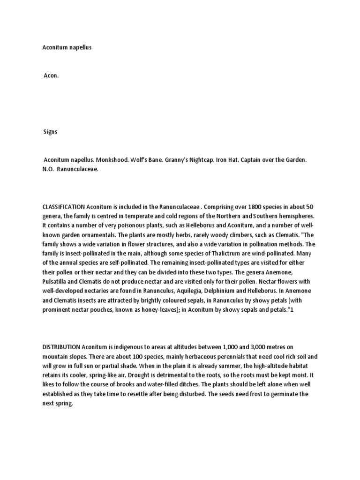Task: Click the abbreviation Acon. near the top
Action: [51, 75]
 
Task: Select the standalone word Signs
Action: [50, 132]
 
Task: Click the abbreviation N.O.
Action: [48, 169]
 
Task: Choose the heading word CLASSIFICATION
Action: [64, 206]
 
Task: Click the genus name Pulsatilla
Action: [58, 281]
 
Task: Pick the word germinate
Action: [281, 394]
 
